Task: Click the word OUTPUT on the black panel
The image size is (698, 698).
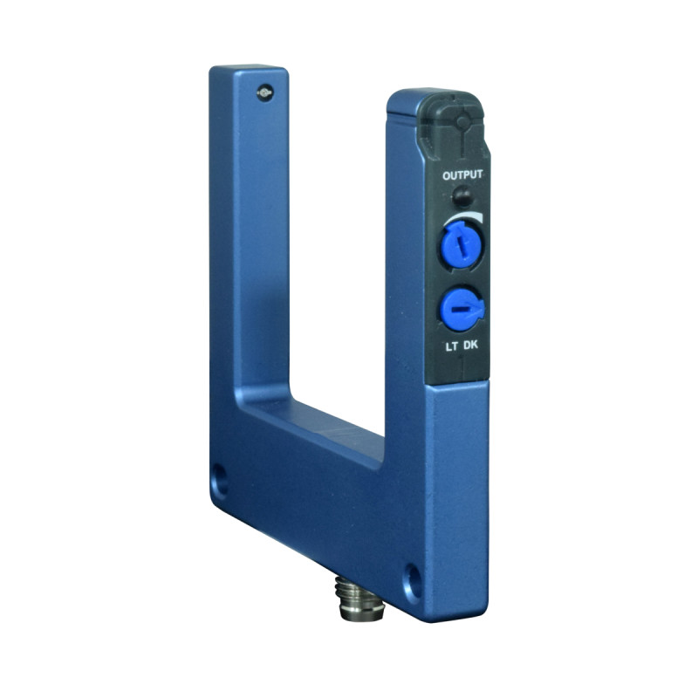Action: pos(462,175)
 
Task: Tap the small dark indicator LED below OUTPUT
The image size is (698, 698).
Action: pos(463,195)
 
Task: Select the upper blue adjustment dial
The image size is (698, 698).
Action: pos(462,245)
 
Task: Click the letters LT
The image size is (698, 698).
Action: pos(451,346)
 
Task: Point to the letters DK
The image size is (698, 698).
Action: pos(470,345)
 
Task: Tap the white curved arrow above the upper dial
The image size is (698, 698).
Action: pos(463,217)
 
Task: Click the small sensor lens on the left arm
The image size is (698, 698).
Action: pos(264,93)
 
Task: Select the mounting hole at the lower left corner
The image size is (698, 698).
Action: pos(219,482)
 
